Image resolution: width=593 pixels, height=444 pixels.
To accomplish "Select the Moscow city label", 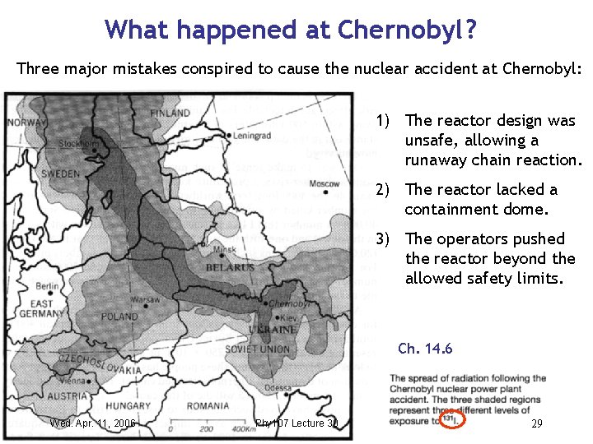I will pyautogui.click(x=324, y=183).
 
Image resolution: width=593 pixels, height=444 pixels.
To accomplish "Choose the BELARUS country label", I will pyautogui.click(x=231, y=268).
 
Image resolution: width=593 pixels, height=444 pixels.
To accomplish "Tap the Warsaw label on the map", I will pyautogui.click(x=145, y=299).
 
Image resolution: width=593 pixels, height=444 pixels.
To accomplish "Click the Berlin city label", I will pyautogui.click(x=45, y=286).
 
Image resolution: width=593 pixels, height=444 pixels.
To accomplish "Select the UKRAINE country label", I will pyautogui.click(x=273, y=329).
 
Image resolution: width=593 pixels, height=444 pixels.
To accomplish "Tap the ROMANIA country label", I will pyautogui.click(x=208, y=405).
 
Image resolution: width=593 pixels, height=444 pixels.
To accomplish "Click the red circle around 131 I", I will pyautogui.click(x=453, y=420).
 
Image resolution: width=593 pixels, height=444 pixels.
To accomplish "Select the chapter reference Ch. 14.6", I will pyautogui.click(x=425, y=349).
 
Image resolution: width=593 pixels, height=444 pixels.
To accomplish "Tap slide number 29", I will pyautogui.click(x=536, y=423).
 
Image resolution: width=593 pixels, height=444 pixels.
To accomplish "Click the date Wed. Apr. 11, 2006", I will pyautogui.click(x=93, y=423).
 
